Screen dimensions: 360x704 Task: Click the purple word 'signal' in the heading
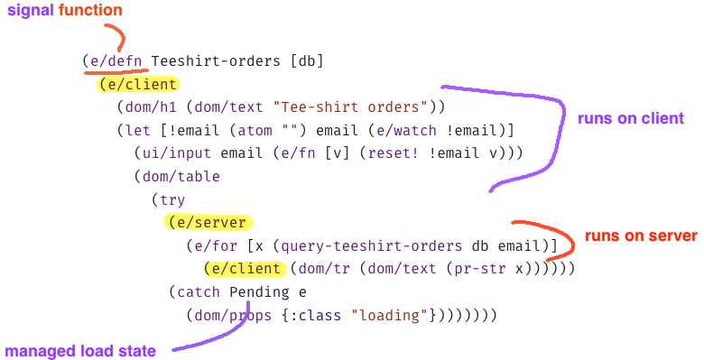pos(31,11)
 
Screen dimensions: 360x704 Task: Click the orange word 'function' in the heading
pos(90,11)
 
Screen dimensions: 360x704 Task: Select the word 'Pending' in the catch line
pos(258,292)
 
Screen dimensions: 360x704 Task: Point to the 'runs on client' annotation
pos(632,118)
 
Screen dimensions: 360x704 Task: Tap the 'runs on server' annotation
pos(642,236)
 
